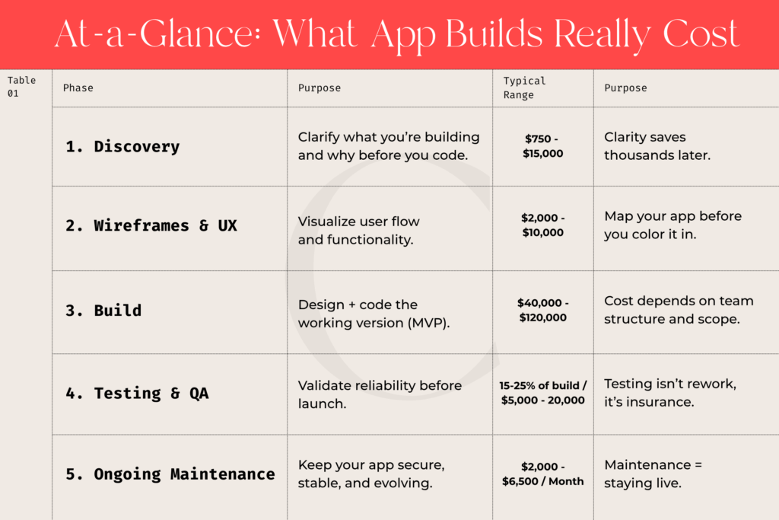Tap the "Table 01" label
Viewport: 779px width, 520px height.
pos(22,87)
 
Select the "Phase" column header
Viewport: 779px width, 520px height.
pos(78,88)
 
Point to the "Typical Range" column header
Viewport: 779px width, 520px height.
pos(524,88)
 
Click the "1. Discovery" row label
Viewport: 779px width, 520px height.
pos(122,147)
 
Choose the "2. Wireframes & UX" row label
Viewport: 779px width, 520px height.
pos(151,226)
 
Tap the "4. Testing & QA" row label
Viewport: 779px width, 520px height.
pos(137,394)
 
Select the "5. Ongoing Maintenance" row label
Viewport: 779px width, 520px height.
pos(170,474)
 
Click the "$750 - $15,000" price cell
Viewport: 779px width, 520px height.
pos(543,146)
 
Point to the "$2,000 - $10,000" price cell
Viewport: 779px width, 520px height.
pos(542,225)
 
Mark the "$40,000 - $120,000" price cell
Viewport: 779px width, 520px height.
pos(542,310)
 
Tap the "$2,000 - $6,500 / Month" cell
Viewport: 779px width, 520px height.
pos(542,474)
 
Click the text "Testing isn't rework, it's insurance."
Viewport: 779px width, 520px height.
pos(669,393)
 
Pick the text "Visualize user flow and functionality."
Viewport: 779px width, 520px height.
pos(358,230)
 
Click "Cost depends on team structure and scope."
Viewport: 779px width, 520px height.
pos(672,310)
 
